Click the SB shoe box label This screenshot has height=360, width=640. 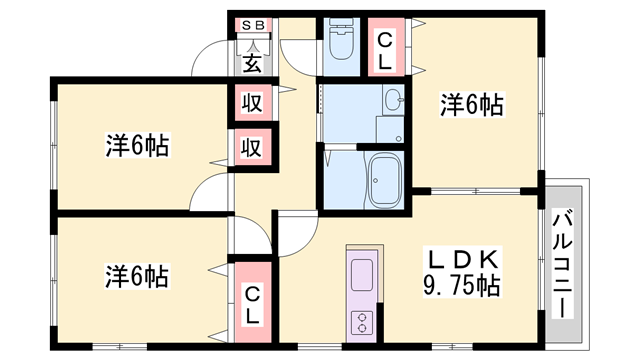tap(253, 25)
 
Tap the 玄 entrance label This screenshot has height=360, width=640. tap(252, 63)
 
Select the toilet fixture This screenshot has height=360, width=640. tap(341, 39)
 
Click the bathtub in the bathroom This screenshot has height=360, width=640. tap(384, 180)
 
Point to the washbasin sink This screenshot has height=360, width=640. tap(393, 100)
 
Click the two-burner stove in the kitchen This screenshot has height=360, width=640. tap(362, 322)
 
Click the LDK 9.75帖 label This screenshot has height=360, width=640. tap(462, 272)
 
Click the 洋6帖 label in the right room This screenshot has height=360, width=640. tap(472, 104)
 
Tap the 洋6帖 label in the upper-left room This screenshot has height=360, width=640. tap(138, 145)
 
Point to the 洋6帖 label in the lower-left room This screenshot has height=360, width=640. tap(137, 276)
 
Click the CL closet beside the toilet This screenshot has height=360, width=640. tap(386, 47)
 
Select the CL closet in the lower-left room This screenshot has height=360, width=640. tap(253, 302)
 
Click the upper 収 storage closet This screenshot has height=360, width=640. tap(253, 103)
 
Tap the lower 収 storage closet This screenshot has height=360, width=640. tap(253, 147)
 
